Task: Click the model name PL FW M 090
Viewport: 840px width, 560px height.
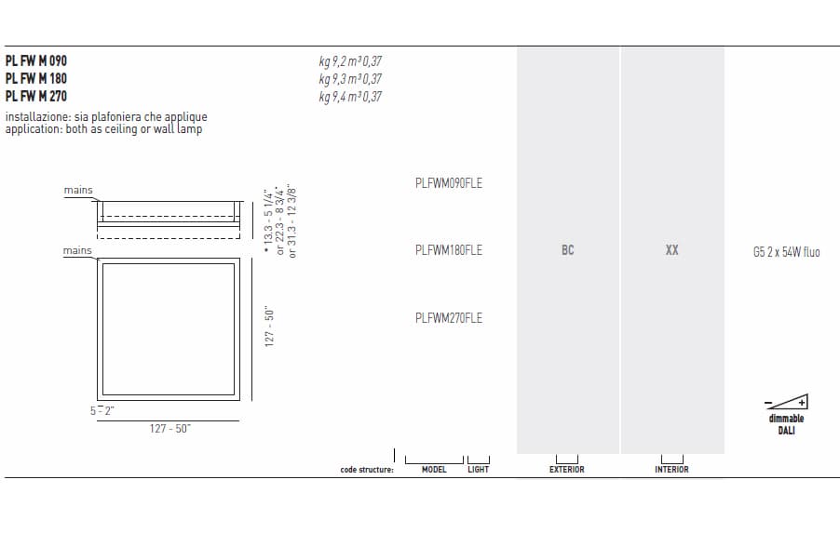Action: click(x=36, y=60)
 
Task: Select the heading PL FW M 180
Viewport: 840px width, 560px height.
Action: click(x=36, y=78)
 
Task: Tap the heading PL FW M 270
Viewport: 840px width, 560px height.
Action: click(x=36, y=96)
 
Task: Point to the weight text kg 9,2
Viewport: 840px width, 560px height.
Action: click(x=332, y=61)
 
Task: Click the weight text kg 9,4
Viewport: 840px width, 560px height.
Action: click(x=332, y=97)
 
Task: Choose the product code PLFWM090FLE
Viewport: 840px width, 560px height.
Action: click(x=448, y=183)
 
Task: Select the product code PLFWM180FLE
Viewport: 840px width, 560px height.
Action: click(x=448, y=250)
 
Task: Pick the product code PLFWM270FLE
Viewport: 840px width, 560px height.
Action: click(x=448, y=318)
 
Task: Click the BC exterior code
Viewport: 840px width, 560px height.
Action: click(x=568, y=250)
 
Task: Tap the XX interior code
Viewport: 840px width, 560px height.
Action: click(x=671, y=250)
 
